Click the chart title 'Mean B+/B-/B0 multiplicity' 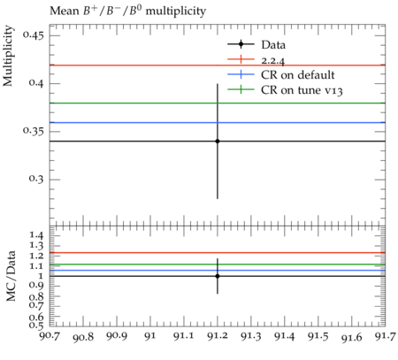point(127,11)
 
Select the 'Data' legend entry point(256,45)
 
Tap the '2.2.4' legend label point(273,60)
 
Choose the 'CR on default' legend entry point(281,75)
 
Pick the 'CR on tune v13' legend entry point(285,90)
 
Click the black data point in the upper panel point(218,142)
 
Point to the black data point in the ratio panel point(218,276)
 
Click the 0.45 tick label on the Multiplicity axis point(34,35)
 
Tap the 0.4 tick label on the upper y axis point(36,83)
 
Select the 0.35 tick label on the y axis point(34,132)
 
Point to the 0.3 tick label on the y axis point(36,180)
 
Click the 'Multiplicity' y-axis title point(8,56)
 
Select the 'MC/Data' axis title point(11,276)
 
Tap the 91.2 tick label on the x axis point(218,336)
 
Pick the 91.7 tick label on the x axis point(386,336)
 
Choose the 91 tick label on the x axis point(150,336)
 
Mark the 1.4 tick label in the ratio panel point(36,235)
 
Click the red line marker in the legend point(241,59)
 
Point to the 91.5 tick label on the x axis point(318,336)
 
